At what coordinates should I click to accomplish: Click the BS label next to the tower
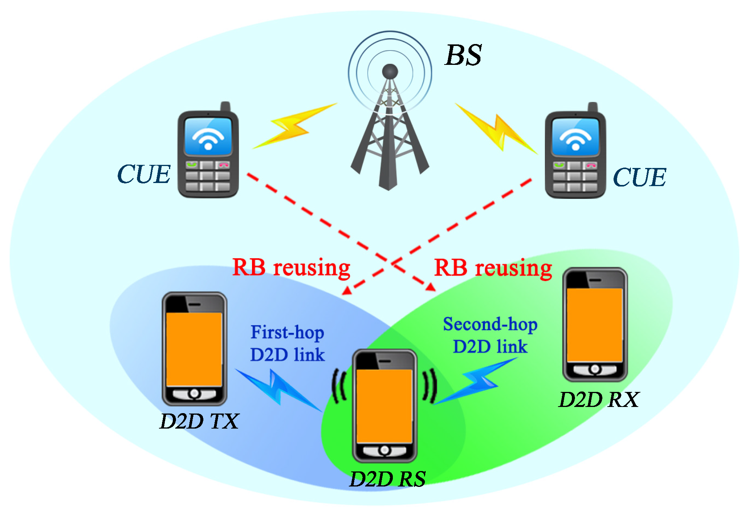coord(463,55)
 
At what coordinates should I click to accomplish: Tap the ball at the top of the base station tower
coord(390,71)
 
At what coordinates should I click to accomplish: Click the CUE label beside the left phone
coord(144,174)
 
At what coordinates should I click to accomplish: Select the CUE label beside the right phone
coord(639,178)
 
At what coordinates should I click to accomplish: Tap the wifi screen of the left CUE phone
coord(208,137)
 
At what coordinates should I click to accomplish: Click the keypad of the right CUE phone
coord(575,177)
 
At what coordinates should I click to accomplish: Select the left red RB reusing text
coord(291,268)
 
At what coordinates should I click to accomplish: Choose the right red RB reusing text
coord(493,268)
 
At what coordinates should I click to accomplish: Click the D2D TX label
coord(200,421)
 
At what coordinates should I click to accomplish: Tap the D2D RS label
coord(387,479)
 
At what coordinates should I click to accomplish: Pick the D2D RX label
coord(599,400)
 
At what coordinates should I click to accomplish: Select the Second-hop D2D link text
coord(490,335)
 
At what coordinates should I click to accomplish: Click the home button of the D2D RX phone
coord(595,369)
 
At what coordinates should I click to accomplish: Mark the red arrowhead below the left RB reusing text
coord(347,290)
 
